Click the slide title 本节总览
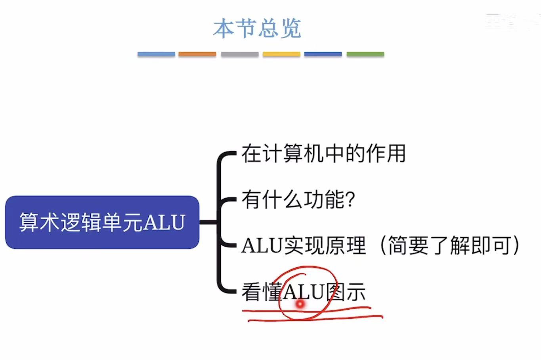click(x=257, y=29)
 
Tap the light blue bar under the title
click(x=156, y=54)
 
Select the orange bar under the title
click(x=197, y=54)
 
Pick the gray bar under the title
click(x=239, y=54)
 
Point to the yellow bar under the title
click(x=281, y=54)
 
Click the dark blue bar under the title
click(x=323, y=54)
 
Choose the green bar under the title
click(x=365, y=54)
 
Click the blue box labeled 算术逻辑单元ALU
click(x=102, y=222)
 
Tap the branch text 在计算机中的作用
click(x=323, y=153)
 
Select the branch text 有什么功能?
click(x=298, y=199)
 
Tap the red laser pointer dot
click(x=300, y=304)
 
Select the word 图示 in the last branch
click(x=345, y=292)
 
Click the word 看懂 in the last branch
click(x=262, y=292)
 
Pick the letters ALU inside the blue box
click(x=164, y=222)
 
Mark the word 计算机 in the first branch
click(x=293, y=153)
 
